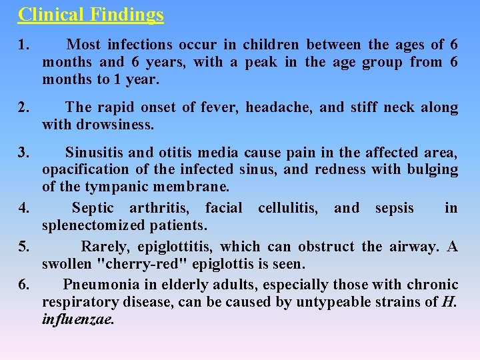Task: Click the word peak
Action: pos(261,63)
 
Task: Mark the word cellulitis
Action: pos(291,208)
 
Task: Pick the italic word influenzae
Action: pos(78,319)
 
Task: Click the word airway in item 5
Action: pos(410,247)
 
